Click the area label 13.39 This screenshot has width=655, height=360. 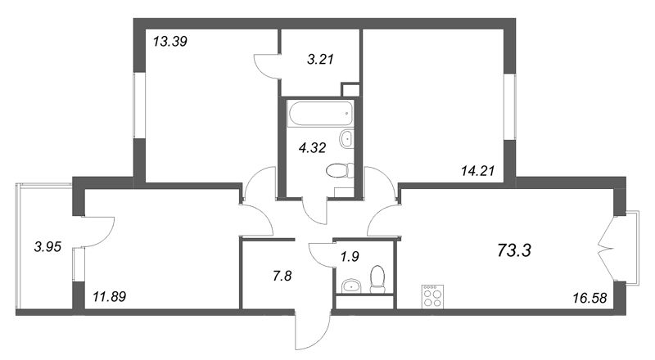[169, 42]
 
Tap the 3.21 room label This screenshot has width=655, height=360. [320, 59]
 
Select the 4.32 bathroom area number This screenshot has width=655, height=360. [312, 147]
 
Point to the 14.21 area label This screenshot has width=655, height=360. [477, 171]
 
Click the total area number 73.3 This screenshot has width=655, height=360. [514, 250]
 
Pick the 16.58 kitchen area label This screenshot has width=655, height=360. [589, 298]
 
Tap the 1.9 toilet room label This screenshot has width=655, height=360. [350, 256]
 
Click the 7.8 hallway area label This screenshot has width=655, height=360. [282, 276]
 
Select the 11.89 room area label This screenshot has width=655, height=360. [110, 297]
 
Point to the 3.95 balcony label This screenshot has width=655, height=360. [47, 247]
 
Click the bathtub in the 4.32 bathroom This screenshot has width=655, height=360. [320, 113]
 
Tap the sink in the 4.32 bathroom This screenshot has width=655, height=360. [346, 138]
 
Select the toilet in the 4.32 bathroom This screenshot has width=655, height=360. [340, 171]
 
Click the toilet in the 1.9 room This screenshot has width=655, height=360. [377, 279]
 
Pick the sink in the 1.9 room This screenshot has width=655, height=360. [352, 286]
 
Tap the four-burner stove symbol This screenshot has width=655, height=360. [433, 296]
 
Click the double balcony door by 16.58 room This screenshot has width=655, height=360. [607, 250]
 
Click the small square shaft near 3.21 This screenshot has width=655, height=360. [350, 90]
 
